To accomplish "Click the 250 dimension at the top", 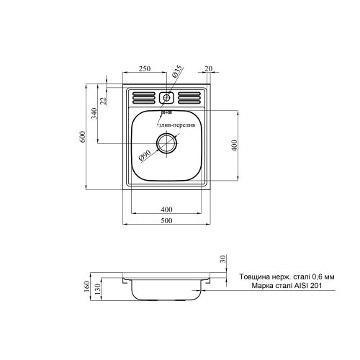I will click(x=145, y=68).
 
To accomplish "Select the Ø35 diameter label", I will click(x=178, y=73).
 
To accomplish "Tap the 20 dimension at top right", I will click(x=208, y=68).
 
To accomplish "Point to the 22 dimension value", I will click(x=103, y=100).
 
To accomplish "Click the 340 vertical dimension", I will click(x=94, y=114).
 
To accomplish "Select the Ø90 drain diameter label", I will click(x=144, y=154).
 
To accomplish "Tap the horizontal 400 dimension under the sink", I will click(x=167, y=209).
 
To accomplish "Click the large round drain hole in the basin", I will click(x=168, y=143).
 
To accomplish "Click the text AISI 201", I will click(x=305, y=286).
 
